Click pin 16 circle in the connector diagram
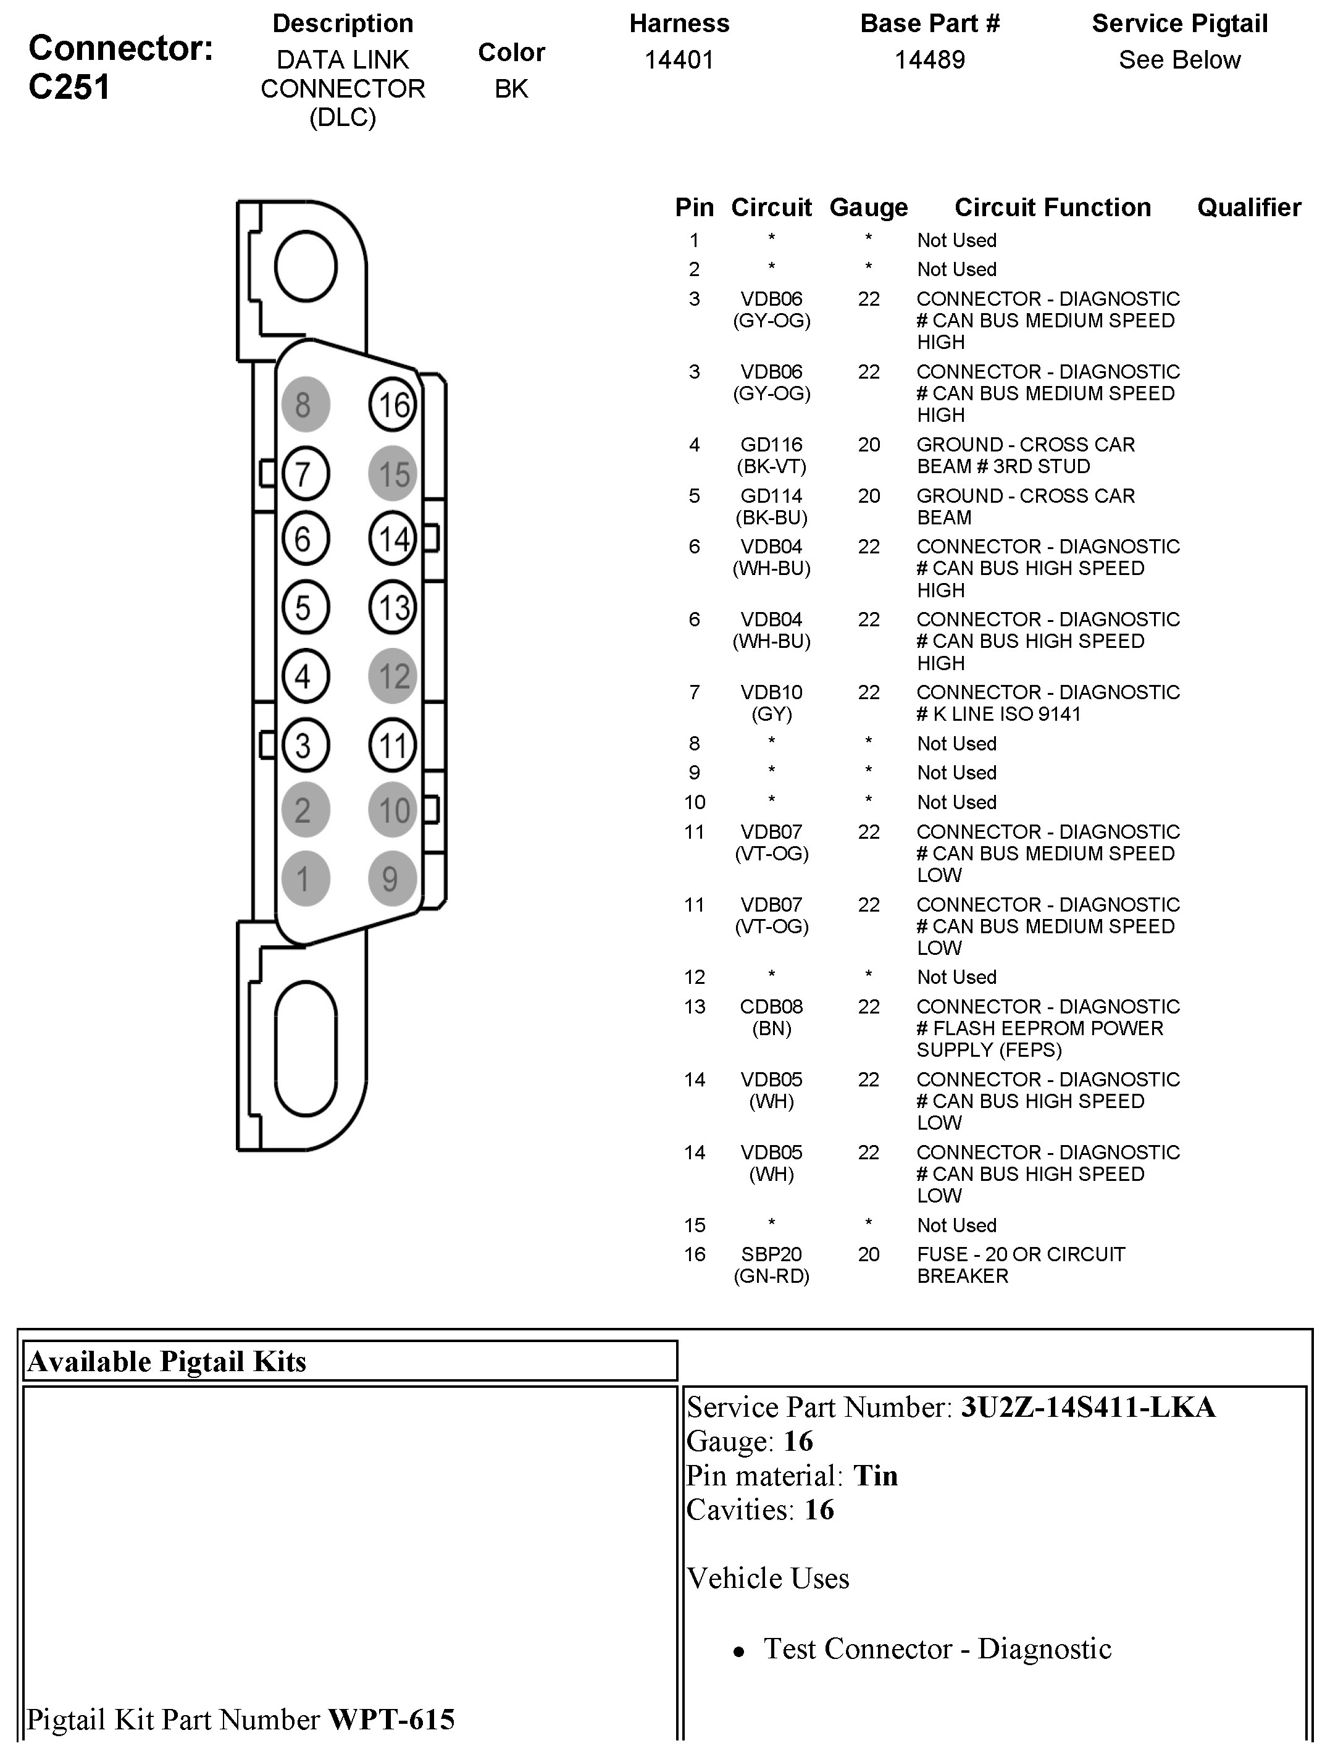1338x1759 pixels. pos(393,405)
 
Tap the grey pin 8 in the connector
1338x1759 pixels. pos(305,404)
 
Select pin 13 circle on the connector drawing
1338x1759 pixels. pos(393,608)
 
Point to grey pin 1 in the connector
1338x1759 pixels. pos(305,879)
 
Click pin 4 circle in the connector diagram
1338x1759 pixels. pos(305,676)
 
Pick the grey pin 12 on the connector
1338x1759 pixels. pos(393,676)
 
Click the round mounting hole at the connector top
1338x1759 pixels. pos(306,267)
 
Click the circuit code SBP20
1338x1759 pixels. pos(771,1255)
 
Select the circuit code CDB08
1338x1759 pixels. pos(771,1007)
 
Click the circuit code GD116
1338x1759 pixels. pos(771,445)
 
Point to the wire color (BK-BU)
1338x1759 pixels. pos(771,518)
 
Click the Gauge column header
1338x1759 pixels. pos(868,208)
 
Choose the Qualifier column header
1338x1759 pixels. pos(1249,208)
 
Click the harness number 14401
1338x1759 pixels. pos(679,60)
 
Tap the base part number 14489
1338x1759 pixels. pos(929,60)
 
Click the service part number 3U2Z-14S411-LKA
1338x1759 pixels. pos(1088,1408)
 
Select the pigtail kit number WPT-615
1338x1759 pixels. pos(391,1720)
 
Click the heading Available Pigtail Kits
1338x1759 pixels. pos(167,1361)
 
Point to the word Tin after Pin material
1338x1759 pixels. pos(876,1476)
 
